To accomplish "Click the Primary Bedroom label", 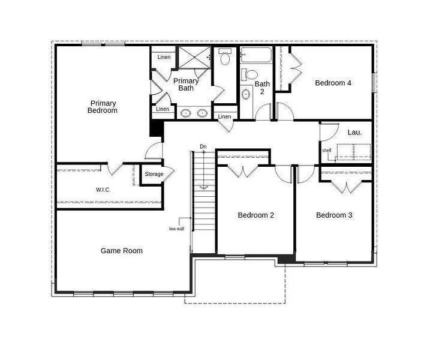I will point(103,107).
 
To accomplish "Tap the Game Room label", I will point(121,251).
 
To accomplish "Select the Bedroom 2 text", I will point(256,215).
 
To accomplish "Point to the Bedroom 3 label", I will point(334,215).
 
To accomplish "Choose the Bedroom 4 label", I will point(333,83).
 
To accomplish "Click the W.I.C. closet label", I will point(103,190).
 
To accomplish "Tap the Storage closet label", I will point(154,175).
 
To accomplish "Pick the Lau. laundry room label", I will point(354,132).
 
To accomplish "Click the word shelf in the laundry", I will point(327,151).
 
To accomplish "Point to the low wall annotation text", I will point(176,229).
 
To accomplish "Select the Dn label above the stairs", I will point(203,147).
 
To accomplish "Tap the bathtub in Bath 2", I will point(256,57).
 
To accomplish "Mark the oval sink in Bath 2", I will point(246,94).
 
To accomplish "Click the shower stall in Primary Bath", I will point(193,58).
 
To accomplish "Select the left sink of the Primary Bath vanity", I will point(186,112).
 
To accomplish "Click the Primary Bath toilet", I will point(225,58).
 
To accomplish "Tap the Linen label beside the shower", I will point(164,58).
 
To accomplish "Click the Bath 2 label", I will point(262,88).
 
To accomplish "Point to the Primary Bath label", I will point(186,85).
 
